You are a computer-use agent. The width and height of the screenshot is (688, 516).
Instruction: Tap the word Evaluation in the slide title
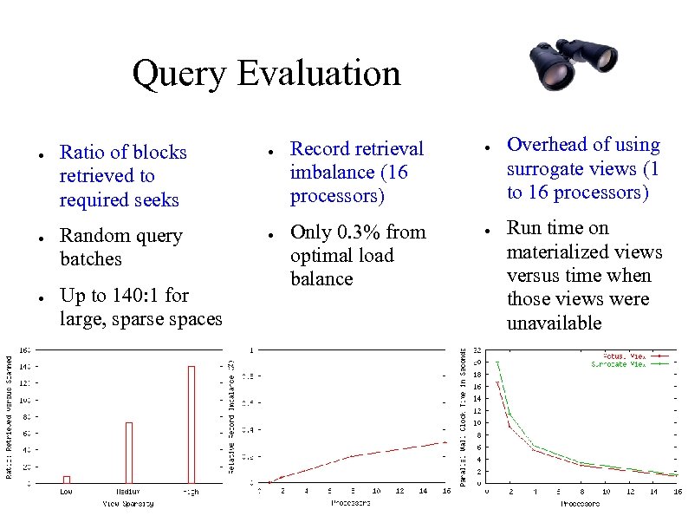click(318, 73)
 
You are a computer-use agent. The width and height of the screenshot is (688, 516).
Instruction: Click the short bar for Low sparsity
click(67, 479)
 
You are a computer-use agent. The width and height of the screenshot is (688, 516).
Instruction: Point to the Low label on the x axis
click(67, 492)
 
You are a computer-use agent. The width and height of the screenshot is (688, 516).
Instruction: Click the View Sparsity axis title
click(128, 503)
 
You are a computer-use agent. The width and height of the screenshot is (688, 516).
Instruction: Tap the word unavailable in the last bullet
click(554, 323)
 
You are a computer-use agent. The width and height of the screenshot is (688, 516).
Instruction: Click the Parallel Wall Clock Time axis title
click(464, 415)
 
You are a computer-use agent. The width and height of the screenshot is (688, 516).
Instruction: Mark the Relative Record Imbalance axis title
click(232, 415)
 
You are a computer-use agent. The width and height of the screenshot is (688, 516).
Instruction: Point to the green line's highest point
click(497, 363)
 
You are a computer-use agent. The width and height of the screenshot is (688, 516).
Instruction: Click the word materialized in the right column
click(584, 251)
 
